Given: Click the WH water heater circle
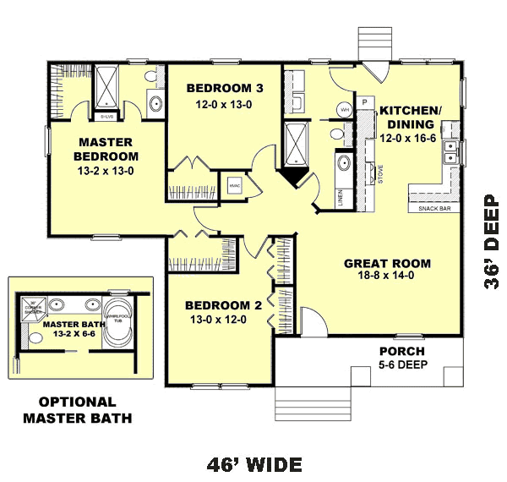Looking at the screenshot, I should click(x=345, y=110).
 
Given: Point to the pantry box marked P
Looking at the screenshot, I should click(x=365, y=102).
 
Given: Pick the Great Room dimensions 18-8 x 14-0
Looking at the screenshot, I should click(x=388, y=278).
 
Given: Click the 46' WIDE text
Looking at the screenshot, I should click(x=254, y=464).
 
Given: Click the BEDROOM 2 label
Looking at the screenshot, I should click(x=219, y=305).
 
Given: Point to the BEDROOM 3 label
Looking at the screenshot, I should click(x=219, y=88).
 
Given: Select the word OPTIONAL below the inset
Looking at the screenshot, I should click(x=77, y=403).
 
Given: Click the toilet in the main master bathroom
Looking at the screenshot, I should click(x=152, y=78).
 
